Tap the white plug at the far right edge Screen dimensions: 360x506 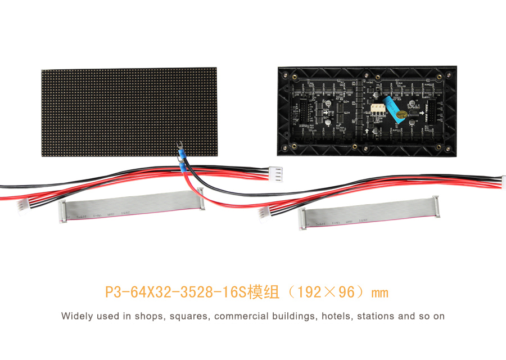point(503,182)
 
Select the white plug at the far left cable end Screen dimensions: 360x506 point(23,206)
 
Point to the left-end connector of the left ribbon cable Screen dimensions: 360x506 point(62,212)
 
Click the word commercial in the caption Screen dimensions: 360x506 point(240,316)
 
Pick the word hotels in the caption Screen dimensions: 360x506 point(336,316)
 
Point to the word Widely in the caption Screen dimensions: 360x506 point(77,316)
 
